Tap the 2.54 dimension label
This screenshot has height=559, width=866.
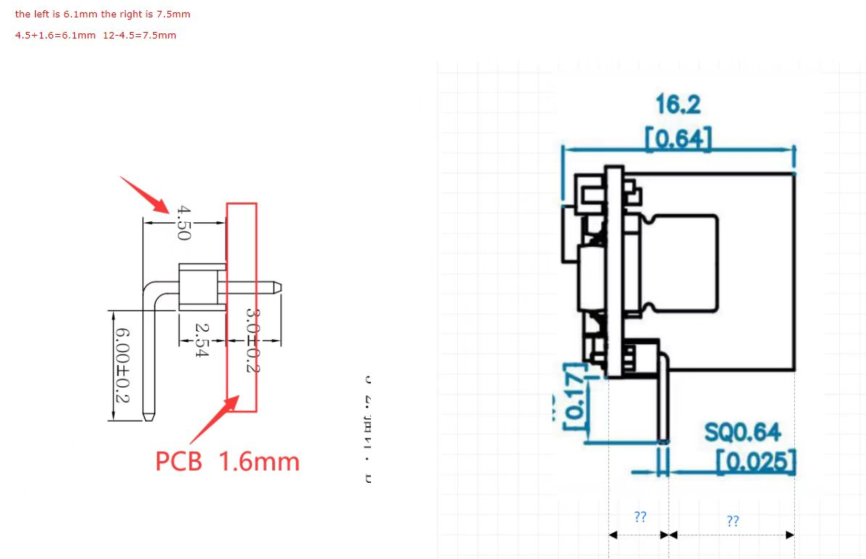pyautogui.click(x=202, y=340)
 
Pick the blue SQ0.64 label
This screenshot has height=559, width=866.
pyautogui.click(x=743, y=433)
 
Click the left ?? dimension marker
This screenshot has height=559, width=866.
pyautogui.click(x=640, y=517)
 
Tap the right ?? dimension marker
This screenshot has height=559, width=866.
pyautogui.click(x=732, y=521)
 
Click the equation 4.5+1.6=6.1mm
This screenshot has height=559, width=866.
pyautogui.click(x=55, y=35)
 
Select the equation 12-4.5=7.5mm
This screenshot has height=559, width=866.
pyautogui.click(x=139, y=35)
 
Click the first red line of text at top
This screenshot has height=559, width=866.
pyautogui.click(x=102, y=14)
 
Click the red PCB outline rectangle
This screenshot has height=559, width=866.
pyautogui.click(x=242, y=307)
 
